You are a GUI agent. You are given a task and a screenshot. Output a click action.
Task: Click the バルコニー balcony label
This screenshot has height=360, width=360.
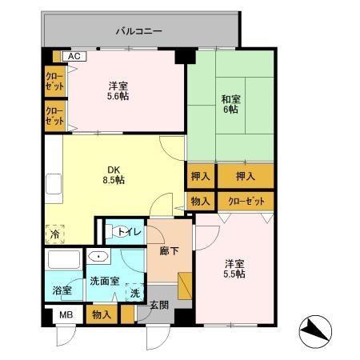click(138, 32)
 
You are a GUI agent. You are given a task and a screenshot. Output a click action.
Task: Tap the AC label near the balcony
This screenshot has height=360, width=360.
click(73, 57)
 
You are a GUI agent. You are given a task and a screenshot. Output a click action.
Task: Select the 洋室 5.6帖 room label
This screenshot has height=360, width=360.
click(118, 90)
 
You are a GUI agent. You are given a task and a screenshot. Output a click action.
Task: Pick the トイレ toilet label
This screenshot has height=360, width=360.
click(129, 232)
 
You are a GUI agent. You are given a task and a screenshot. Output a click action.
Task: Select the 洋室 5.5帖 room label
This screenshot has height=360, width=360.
click(234, 268)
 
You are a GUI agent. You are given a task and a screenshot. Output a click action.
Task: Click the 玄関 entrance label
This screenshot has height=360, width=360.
click(159, 306)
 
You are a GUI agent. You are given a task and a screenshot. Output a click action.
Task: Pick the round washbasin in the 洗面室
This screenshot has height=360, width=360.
click(98, 258)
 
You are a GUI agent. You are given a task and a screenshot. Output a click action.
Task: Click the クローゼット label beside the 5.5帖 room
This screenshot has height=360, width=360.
click(246, 201)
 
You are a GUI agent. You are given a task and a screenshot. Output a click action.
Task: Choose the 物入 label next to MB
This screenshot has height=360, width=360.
click(102, 315)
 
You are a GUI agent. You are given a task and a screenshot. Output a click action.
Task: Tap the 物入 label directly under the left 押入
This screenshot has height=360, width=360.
click(200, 201)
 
